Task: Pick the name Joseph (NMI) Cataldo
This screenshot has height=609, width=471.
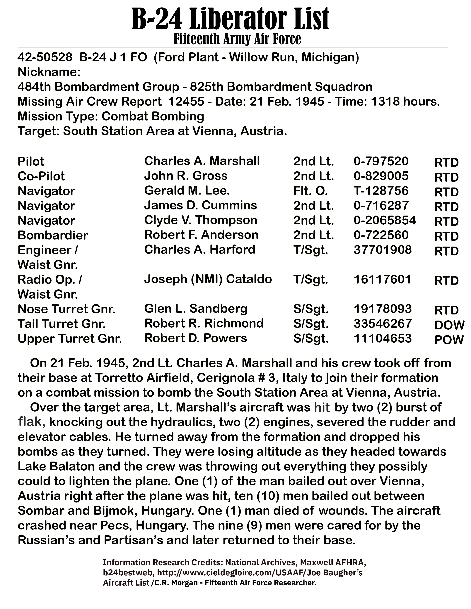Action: (208, 279)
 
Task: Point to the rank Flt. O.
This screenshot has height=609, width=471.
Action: (310, 191)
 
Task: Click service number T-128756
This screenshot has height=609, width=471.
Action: (381, 191)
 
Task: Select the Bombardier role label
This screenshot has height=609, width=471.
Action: (53, 235)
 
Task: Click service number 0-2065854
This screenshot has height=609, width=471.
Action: (385, 220)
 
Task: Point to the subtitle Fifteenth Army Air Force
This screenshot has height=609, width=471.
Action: (237, 39)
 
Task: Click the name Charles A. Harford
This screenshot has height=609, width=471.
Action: (199, 250)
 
